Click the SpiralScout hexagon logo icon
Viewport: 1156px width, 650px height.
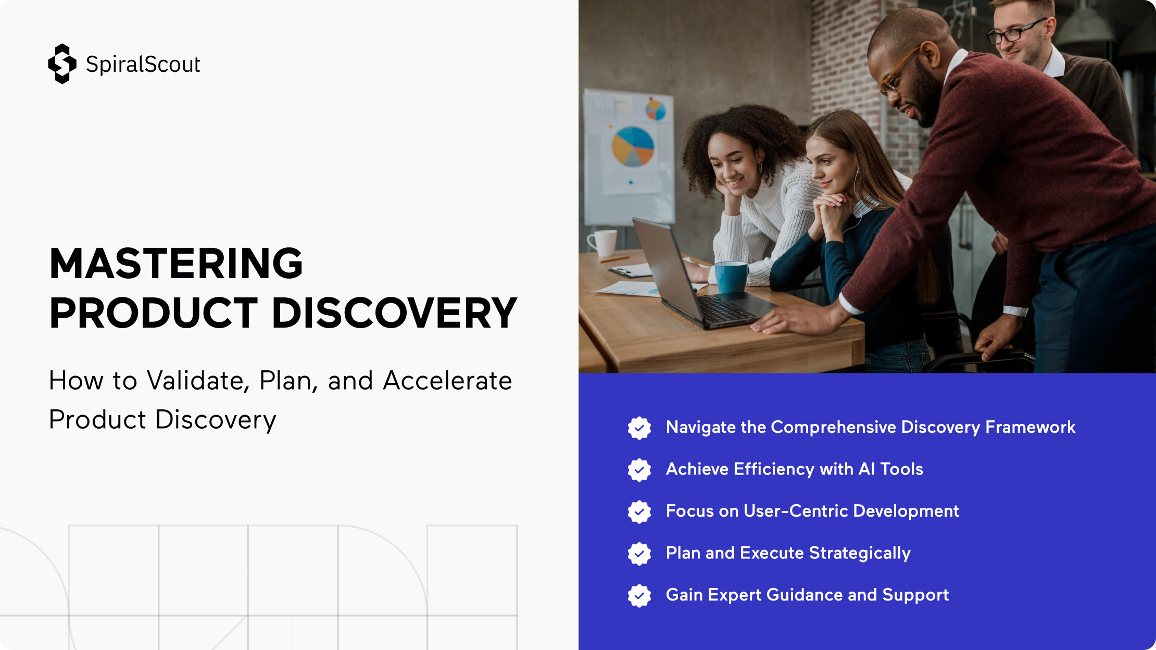point(62,64)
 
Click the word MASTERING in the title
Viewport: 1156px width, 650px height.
point(176,263)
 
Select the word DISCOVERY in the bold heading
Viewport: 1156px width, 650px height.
point(394,312)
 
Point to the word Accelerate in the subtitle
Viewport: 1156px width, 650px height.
point(447,381)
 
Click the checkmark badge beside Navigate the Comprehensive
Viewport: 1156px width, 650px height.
point(639,428)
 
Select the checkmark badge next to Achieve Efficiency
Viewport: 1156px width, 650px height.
point(639,470)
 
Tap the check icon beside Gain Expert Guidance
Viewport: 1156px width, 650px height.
point(639,596)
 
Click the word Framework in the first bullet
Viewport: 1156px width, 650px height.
point(1030,427)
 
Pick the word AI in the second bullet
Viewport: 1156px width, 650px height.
point(866,469)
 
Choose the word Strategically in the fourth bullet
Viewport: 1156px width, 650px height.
point(860,554)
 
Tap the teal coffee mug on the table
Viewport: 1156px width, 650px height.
point(731,277)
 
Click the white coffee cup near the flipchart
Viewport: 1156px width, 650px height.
point(602,243)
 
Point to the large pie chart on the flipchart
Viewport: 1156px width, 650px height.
point(633,146)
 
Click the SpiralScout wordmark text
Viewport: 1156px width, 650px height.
point(143,65)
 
